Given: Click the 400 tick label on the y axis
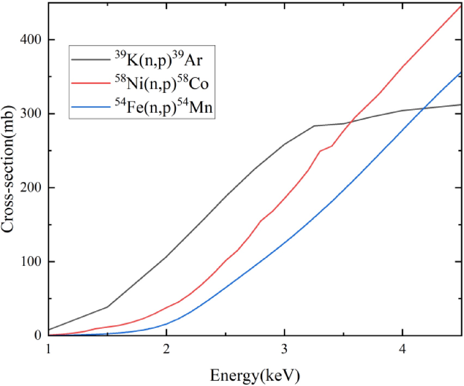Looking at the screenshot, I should click(30, 40).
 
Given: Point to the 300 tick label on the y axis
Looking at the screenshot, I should click(30, 114).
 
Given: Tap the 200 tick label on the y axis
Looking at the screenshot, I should click(30, 188).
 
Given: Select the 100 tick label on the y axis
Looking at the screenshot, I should click(30, 262).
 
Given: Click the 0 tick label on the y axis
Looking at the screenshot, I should click(38, 335).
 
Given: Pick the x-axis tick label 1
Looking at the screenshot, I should click(48, 349).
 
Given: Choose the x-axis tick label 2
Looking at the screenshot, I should click(166, 349).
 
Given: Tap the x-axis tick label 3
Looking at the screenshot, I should click(284, 349).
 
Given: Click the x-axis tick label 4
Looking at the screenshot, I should click(402, 349).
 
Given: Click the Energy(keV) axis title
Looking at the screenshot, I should click(255, 375).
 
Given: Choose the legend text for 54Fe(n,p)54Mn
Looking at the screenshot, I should click(163, 107).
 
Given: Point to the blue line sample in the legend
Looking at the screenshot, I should click(91, 107).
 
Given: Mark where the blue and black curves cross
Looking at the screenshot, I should click(423, 108).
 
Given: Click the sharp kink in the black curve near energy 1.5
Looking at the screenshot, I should click(108, 307).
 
